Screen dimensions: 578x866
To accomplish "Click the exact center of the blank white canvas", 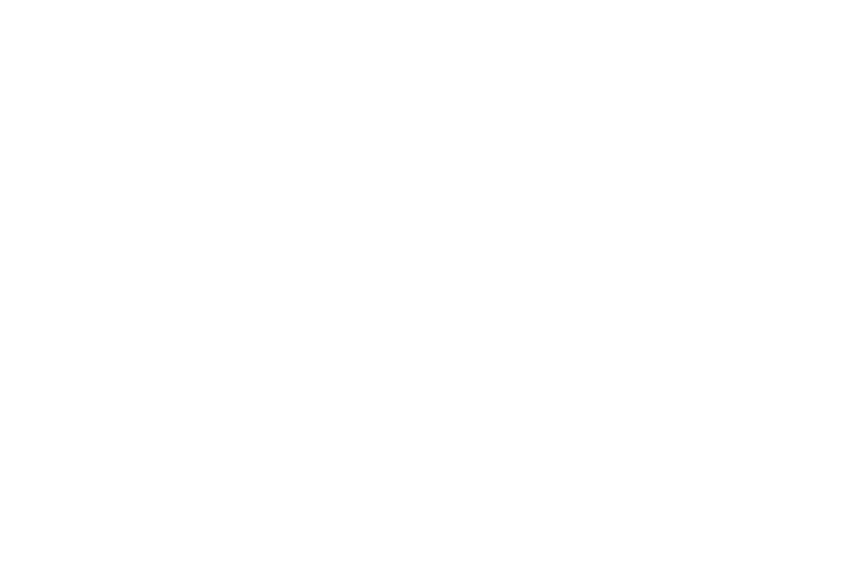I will pos(433,289).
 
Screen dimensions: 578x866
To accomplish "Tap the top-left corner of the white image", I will pos(0,0).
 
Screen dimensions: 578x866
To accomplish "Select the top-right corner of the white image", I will pos(865,0).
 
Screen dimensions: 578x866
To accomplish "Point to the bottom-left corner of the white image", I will pos(0,577).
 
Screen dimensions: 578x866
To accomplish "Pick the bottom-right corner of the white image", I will pos(865,577).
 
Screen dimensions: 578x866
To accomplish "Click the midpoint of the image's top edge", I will pos(433,0).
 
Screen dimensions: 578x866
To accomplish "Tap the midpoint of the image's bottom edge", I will pos(433,577).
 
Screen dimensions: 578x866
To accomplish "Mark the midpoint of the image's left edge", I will pos(0,289).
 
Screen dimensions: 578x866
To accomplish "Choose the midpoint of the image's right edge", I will pos(865,289).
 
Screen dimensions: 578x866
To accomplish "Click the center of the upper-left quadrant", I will pos(216,144).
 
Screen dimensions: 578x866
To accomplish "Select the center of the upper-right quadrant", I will pos(649,144).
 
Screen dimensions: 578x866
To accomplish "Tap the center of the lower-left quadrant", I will pos(216,433).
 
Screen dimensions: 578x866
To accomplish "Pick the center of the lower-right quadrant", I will pos(649,433).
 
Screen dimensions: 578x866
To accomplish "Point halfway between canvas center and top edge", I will pos(433,144).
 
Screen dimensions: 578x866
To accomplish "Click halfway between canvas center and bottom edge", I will pos(433,433).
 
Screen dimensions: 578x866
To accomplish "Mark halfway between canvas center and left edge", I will pos(216,289).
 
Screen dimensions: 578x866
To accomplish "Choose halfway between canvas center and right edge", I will pos(649,289).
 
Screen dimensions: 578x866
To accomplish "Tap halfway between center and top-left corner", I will pos(216,144).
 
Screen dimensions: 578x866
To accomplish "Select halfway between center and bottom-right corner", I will pos(649,433).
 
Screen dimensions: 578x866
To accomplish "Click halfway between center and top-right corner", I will pos(649,144).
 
